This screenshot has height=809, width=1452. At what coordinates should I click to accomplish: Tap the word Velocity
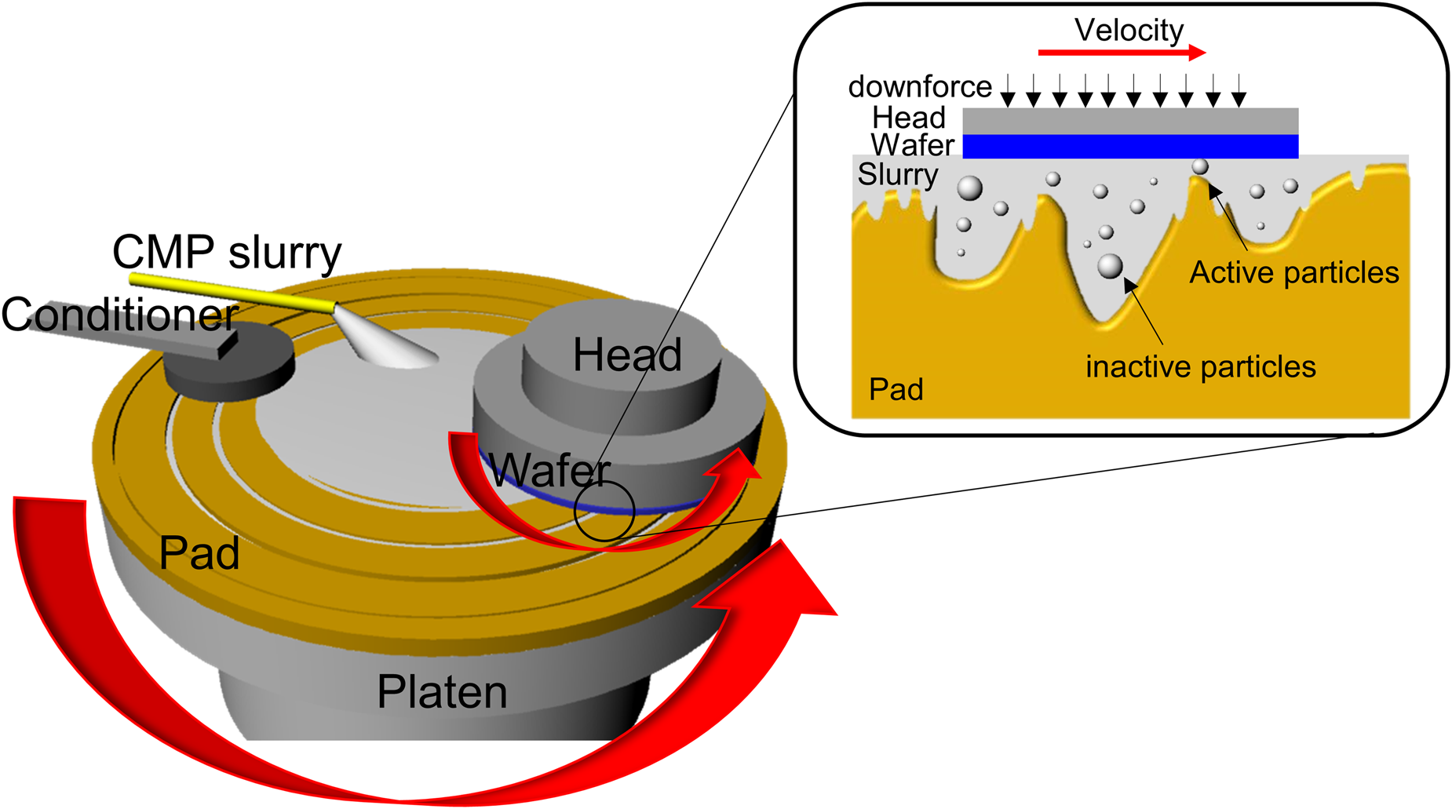1129,30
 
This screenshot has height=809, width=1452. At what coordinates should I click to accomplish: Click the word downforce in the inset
920,86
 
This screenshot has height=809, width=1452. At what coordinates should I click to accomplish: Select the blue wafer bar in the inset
1130,146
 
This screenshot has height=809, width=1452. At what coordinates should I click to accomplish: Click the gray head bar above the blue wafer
1130,121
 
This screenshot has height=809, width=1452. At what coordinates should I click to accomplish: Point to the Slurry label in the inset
897,174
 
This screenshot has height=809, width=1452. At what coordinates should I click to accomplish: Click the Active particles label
1293,272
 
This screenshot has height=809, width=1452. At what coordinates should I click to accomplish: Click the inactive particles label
1200,366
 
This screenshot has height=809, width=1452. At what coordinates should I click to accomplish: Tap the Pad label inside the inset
896,390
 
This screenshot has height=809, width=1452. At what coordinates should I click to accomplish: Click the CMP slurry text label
227,253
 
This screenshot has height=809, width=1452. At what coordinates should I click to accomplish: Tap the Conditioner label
119,315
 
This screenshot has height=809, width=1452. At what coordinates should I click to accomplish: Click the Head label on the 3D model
626,355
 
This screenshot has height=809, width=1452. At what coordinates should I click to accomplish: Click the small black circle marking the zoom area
604,511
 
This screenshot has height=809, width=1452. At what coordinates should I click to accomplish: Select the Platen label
442,692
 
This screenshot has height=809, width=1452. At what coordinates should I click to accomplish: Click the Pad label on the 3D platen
199,553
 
